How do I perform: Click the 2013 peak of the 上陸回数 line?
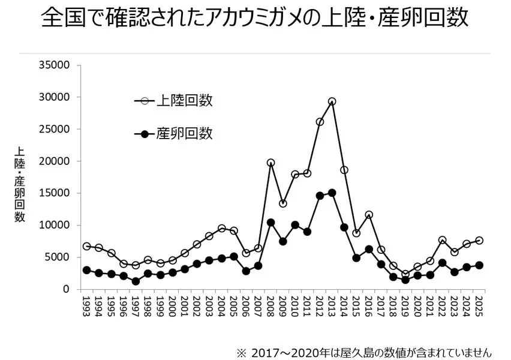click(332, 101)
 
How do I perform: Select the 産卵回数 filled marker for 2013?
click(332, 193)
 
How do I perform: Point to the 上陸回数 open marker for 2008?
click(270, 163)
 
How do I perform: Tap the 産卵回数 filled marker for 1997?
click(136, 281)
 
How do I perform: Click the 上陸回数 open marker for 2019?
click(405, 274)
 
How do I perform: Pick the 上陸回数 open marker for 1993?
click(86, 246)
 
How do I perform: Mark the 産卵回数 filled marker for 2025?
click(479, 265)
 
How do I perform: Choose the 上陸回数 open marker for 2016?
click(369, 214)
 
